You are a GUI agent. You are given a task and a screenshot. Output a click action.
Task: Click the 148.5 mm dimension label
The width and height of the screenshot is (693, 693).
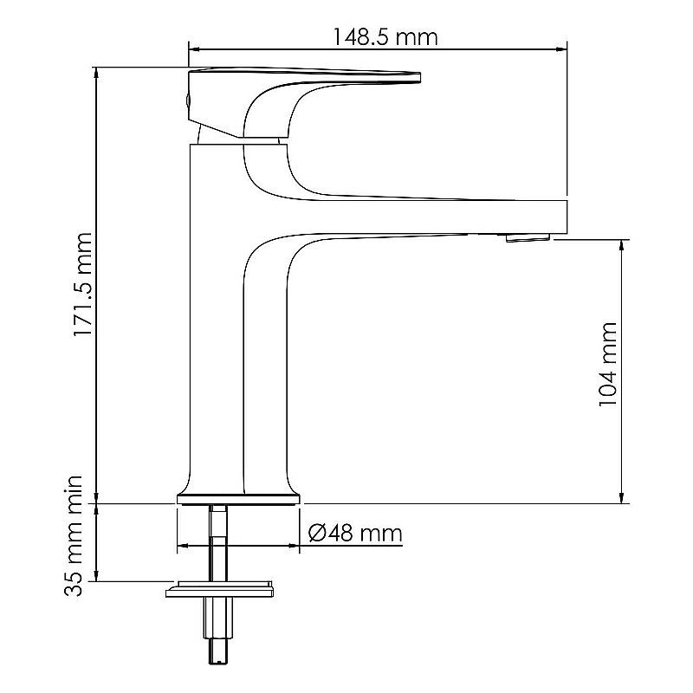click(385, 37)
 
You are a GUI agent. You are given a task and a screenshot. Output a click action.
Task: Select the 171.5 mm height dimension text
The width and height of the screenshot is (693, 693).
click(82, 284)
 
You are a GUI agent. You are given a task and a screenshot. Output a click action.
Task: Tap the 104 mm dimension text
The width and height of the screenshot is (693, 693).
click(608, 365)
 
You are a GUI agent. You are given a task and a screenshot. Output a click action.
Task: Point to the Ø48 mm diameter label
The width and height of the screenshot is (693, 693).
click(355, 532)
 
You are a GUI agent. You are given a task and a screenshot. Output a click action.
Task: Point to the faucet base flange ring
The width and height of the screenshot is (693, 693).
click(239, 498)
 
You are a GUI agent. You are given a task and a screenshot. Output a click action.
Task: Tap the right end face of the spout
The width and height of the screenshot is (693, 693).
click(565, 217)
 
